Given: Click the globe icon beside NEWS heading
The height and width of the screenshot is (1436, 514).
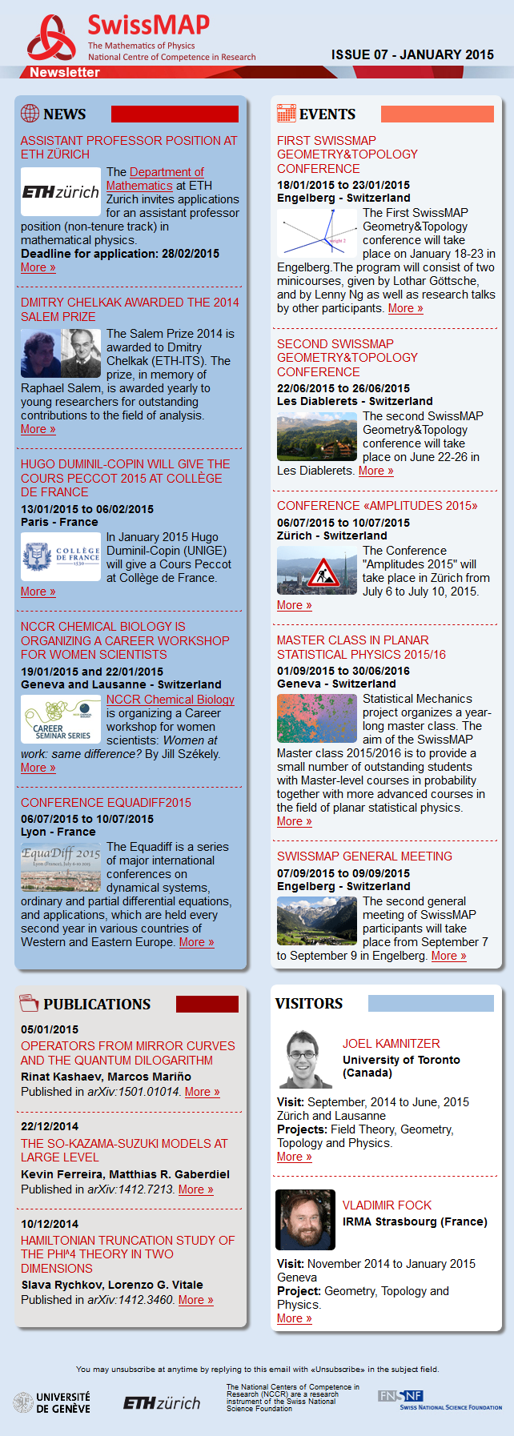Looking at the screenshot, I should pos(30,114).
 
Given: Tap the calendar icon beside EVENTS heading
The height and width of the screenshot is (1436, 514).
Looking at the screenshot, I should pos(286,114).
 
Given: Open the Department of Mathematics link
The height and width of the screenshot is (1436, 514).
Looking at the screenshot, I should pos(155,178).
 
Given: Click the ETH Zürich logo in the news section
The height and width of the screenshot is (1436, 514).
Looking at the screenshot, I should pos(61,192).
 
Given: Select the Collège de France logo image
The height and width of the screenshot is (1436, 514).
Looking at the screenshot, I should pos(61,556).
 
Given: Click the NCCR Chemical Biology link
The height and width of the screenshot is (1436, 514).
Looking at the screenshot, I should pos(171,700).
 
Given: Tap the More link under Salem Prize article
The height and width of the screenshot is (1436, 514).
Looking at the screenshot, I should pos(38,429).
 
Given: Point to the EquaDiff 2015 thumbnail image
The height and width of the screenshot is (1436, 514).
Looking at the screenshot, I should pos(61,867).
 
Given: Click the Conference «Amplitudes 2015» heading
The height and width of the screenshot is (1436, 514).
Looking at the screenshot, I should pos(377,506).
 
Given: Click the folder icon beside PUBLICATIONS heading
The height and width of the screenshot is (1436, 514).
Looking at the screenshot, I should pos(29,1003).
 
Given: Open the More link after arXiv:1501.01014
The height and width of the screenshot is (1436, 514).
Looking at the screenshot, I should pos(202,1092).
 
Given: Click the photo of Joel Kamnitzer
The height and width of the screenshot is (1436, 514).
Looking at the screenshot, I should pos(305,1058).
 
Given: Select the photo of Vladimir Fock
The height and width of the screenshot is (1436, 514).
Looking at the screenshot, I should pos(305,1219).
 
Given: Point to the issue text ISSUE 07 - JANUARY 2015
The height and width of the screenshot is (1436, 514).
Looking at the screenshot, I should pos(412,54).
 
